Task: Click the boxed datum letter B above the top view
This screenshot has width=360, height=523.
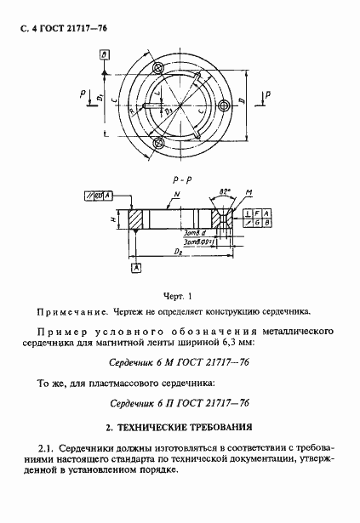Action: [x=104, y=54]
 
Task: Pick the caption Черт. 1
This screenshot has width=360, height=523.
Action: [x=180, y=297]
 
